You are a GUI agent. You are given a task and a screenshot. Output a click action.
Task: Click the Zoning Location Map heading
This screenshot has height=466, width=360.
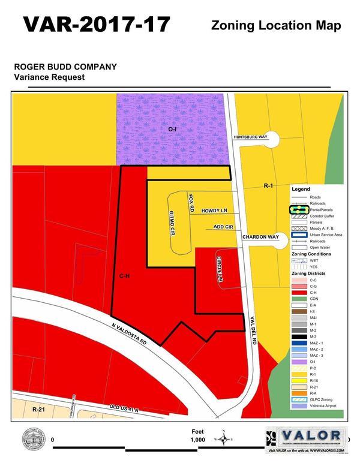[276, 25]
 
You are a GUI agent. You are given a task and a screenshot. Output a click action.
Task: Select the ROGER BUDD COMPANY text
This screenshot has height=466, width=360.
[65, 67]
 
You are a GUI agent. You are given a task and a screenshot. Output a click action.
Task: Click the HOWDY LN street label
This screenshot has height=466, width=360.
[214, 211]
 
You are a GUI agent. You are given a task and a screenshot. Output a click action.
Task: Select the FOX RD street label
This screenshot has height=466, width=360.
[191, 201]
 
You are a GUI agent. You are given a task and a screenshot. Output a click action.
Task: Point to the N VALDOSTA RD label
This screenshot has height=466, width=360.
[128, 336]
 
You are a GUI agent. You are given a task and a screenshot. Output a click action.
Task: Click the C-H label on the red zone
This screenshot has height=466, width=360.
[124, 276]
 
